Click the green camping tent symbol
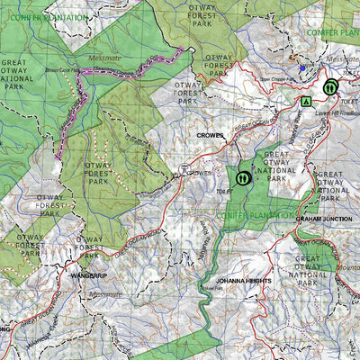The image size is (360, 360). coord(307,100)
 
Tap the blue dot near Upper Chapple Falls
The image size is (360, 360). coord(301,67)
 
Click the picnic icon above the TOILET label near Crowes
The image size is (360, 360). coord(242,178)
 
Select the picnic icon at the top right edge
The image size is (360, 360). coord(330,87)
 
